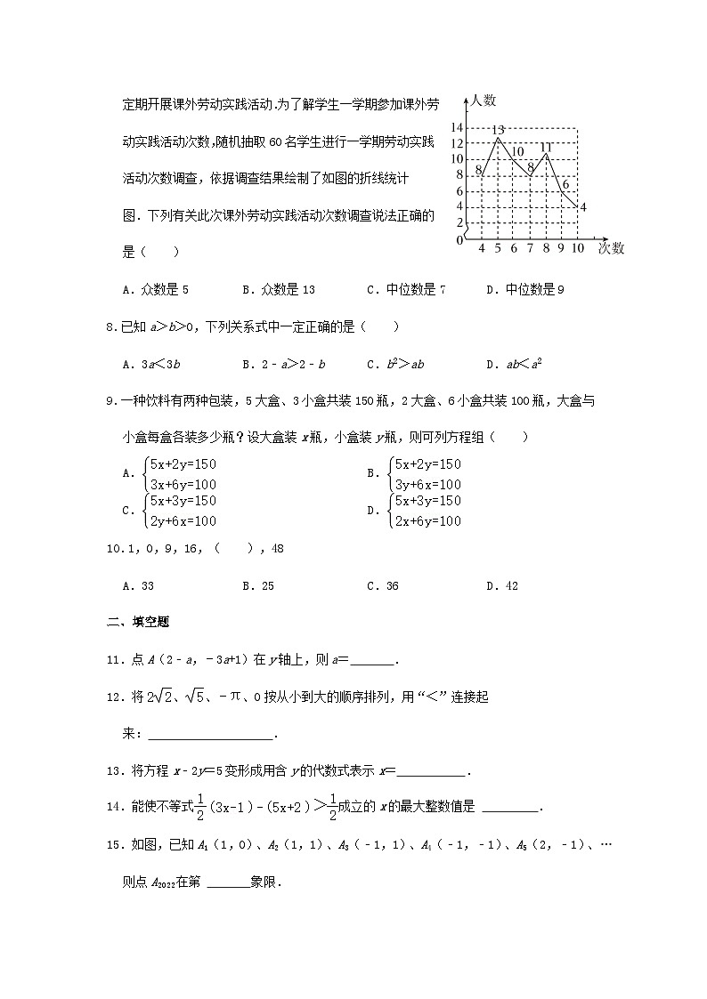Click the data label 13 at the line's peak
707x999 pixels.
[499, 131]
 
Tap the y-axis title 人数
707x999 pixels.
[485, 101]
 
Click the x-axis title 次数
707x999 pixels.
[611, 248]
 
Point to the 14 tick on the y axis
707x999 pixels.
[456, 126]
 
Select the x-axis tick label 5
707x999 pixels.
[498, 249]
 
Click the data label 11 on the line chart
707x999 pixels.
[547, 147]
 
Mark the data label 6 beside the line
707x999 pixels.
[565, 184]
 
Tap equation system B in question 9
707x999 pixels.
[415, 474]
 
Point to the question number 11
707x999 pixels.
[112, 660]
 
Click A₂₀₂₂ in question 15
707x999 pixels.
[159, 884]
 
